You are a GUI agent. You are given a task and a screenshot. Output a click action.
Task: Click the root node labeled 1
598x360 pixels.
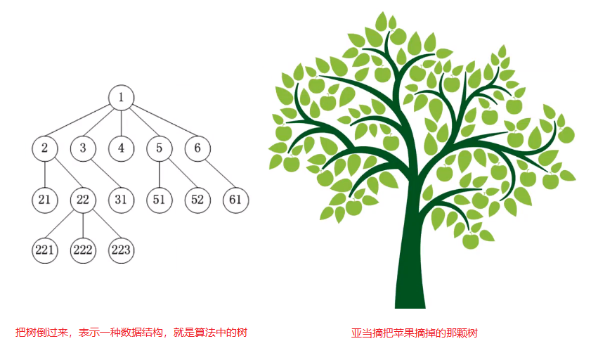[x=122, y=98]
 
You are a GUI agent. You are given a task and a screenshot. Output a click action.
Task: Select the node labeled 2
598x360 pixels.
[x=45, y=148]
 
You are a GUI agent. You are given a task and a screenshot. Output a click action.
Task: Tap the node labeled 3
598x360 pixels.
[x=83, y=148]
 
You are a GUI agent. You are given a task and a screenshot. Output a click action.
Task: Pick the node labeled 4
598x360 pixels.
[x=122, y=148]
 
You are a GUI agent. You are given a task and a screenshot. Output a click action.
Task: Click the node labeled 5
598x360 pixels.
[x=160, y=148]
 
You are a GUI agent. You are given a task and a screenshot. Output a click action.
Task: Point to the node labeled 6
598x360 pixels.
[x=197, y=148]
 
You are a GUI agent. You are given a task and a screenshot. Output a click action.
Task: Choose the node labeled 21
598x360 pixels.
[x=45, y=200]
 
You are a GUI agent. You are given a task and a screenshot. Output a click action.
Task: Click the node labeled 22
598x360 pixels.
[x=83, y=200]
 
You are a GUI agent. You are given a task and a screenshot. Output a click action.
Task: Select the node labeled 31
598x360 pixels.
[x=122, y=200]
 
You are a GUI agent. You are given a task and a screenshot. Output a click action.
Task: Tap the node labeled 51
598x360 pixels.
[x=160, y=200]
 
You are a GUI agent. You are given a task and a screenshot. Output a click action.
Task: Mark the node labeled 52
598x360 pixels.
[x=197, y=200]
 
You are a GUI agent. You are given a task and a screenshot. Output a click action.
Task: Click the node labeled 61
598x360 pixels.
[x=235, y=200]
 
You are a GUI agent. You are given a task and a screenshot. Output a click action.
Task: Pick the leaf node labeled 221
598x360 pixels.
[x=45, y=250]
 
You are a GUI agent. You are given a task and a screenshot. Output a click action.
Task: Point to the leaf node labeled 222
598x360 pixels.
[x=83, y=250]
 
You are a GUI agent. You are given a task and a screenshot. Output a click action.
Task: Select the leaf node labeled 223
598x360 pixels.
[x=122, y=250]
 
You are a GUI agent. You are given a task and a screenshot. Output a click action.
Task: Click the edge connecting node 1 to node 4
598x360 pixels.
[x=122, y=123]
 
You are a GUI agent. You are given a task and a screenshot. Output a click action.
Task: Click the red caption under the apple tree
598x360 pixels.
[x=414, y=333]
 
